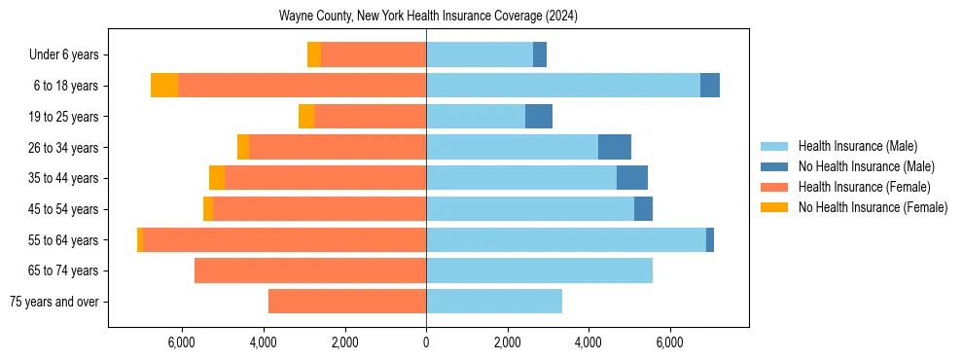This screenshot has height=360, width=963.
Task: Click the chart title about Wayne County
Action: (429, 17)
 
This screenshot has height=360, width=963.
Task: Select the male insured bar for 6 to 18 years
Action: (563, 86)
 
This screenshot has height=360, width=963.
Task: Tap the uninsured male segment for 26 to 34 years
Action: (614, 147)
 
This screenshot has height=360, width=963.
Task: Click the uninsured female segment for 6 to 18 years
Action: (164, 86)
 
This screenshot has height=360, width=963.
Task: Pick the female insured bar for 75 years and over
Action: (347, 302)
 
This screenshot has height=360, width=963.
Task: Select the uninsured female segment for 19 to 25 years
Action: (306, 117)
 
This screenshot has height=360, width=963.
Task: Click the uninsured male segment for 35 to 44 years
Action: (631, 178)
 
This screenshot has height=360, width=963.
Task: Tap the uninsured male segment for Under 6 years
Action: (539, 54)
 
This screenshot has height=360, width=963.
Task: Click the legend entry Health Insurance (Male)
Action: (857, 146)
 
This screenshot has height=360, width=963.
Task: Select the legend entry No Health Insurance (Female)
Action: (873, 207)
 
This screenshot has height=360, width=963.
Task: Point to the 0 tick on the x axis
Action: (426, 342)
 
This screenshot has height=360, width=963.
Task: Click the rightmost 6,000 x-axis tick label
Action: (669, 342)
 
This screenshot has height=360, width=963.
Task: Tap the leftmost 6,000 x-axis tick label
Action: (182, 342)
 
